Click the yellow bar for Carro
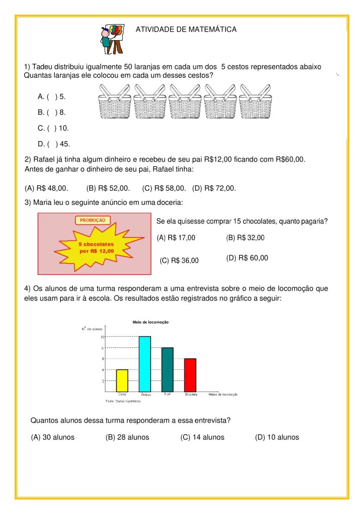122,380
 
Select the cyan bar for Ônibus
145,364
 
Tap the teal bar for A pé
167,369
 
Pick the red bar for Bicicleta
190,375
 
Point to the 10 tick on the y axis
102,337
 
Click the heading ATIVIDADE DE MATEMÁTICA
186,30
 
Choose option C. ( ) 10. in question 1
53,128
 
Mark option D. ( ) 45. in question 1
54,145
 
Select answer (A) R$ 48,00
46,188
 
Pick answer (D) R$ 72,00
214,188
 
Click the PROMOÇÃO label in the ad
93,220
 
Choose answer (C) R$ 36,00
179,261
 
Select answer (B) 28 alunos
127,437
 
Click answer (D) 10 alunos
277,437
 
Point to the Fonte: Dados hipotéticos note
123,402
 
